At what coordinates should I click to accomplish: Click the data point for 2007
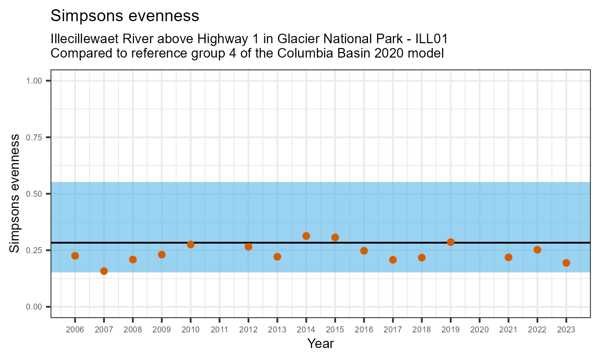(x=104, y=271)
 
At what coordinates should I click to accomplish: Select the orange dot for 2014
(x=306, y=236)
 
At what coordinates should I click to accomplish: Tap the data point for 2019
(x=451, y=242)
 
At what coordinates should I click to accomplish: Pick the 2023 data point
(x=566, y=263)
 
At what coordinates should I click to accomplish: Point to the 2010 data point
(x=191, y=244)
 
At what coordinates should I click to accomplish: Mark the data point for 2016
(x=364, y=251)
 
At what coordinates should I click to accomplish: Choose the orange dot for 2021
(x=508, y=257)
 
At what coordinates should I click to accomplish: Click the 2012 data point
(x=248, y=247)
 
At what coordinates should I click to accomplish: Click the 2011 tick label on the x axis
(x=220, y=330)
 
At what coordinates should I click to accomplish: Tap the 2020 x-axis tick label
(x=480, y=330)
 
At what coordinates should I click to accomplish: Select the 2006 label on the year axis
(x=75, y=330)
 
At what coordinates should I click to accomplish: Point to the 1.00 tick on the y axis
(x=34, y=81)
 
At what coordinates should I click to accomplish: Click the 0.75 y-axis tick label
(x=34, y=138)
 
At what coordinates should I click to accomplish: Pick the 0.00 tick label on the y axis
(x=34, y=307)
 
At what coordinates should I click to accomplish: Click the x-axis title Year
(x=320, y=344)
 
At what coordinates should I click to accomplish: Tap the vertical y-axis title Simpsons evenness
(x=14, y=194)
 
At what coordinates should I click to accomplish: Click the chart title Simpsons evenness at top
(x=125, y=16)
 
